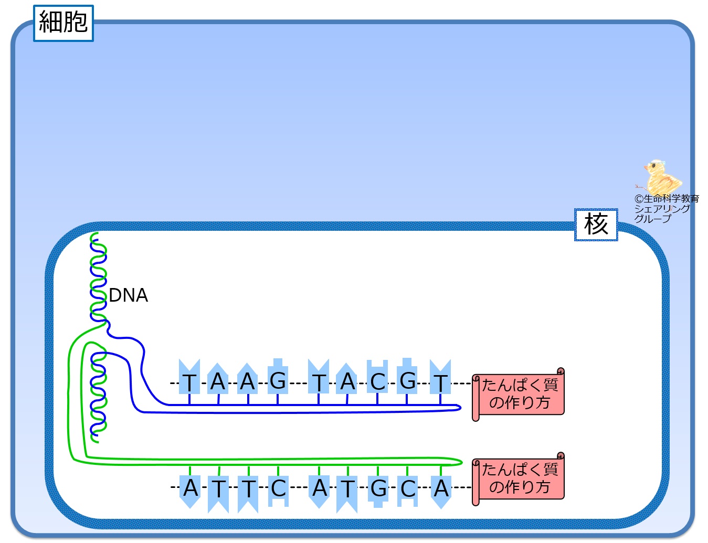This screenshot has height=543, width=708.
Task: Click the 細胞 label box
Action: [63, 23]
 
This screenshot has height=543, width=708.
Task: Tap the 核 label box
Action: [596, 225]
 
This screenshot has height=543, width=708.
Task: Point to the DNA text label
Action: [128, 295]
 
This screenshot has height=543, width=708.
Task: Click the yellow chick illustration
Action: [661, 177]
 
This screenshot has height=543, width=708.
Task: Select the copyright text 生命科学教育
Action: [667, 199]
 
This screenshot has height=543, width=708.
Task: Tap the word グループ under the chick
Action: [652, 218]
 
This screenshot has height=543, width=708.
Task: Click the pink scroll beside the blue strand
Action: [519, 394]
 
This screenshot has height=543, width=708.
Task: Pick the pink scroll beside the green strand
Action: [519, 478]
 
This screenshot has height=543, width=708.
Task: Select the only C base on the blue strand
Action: [377, 381]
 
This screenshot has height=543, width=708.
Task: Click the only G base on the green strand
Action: [378, 489]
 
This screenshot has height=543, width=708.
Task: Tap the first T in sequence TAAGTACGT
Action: [189, 382]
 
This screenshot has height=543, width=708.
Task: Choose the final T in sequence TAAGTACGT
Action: [440, 382]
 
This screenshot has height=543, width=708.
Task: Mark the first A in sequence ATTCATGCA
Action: [191, 488]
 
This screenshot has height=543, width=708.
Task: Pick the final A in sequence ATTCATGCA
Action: [441, 488]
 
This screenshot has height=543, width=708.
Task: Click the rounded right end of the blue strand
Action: [458, 408]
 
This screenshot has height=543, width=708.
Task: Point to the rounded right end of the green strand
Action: [460, 462]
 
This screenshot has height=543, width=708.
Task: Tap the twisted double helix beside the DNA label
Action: [98, 278]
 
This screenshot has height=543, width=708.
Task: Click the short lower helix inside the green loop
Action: [98, 393]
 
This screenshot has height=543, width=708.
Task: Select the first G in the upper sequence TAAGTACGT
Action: [278, 380]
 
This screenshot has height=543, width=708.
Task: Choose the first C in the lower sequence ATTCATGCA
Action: [278, 488]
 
